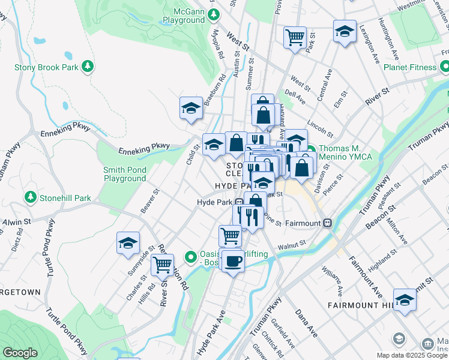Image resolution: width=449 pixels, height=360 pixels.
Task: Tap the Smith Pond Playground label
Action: (x=125, y=174)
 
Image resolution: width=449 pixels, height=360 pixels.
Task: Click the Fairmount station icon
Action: (x=328, y=223)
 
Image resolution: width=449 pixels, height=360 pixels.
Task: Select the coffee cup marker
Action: (x=232, y=261)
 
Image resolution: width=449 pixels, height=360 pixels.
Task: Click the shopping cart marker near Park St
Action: (x=295, y=37)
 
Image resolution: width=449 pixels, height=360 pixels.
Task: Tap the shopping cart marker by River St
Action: (x=162, y=263)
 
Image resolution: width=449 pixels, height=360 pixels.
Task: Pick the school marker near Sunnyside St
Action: (x=128, y=243)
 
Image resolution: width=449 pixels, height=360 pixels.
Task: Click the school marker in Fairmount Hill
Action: (x=405, y=300)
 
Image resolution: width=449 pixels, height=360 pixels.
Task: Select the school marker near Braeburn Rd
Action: (x=191, y=109)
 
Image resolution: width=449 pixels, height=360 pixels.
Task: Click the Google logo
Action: (x=20, y=353)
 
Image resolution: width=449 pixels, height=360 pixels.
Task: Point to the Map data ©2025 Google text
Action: (x=412, y=355)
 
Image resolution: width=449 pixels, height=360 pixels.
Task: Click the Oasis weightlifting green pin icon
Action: (x=191, y=257)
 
